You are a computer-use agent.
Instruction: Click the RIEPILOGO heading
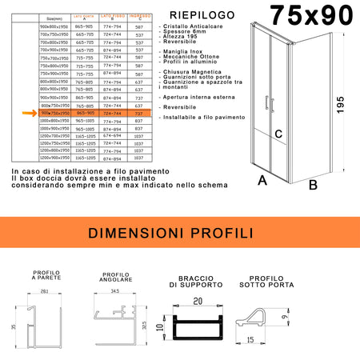(196, 14)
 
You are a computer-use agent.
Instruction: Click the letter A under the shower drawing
(262, 181)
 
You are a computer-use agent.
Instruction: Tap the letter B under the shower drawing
(313, 185)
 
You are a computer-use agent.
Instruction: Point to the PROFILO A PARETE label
(46, 276)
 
